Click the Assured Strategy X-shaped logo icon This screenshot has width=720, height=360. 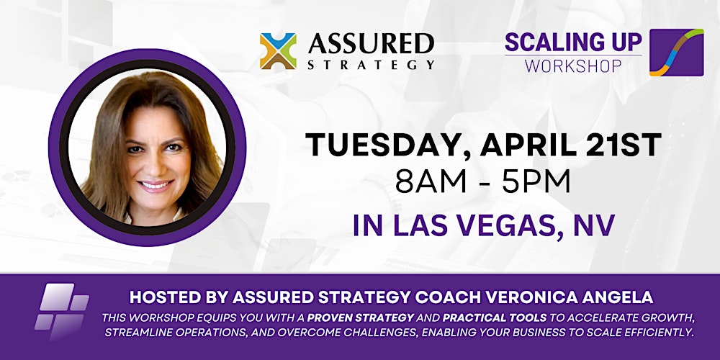(278, 51)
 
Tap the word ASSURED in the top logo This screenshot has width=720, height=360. (371, 44)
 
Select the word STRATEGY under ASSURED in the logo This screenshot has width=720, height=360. (371, 65)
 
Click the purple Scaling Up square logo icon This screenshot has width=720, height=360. (676, 53)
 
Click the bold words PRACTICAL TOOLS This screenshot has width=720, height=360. (470, 317)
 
